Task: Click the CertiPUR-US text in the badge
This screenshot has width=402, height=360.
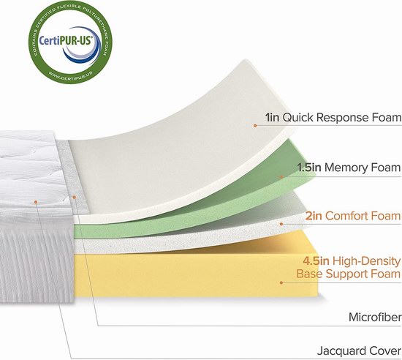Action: coord(66,40)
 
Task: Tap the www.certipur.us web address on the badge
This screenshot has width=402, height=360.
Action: coord(69,77)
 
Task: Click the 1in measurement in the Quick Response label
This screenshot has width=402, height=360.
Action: coord(273,118)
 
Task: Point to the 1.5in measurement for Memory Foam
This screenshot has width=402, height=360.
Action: coord(309,168)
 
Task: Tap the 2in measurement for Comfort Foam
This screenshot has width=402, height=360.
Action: coord(314,216)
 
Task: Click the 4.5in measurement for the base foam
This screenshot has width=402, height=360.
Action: coord(316,261)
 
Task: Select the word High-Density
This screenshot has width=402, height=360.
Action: coord(367,261)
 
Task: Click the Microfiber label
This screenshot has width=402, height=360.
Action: coord(375,317)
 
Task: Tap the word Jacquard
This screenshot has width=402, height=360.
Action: coord(342,351)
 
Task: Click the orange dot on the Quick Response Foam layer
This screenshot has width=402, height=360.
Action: coord(255,125)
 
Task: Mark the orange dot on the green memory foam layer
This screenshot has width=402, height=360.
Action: coord(281,177)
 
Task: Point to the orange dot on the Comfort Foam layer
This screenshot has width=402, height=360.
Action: coord(281,224)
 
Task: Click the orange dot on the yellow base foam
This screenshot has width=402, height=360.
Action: coord(281,282)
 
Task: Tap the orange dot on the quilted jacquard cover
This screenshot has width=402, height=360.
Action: coord(36,202)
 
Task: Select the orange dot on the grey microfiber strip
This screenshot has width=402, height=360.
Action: coord(74,197)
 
